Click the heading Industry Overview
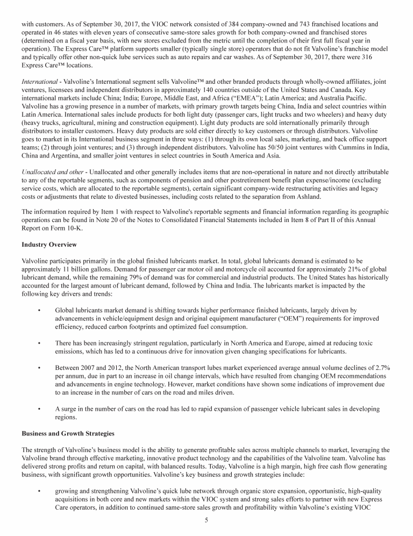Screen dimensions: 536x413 tap(49, 245)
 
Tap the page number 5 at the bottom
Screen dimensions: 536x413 tap(206, 520)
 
